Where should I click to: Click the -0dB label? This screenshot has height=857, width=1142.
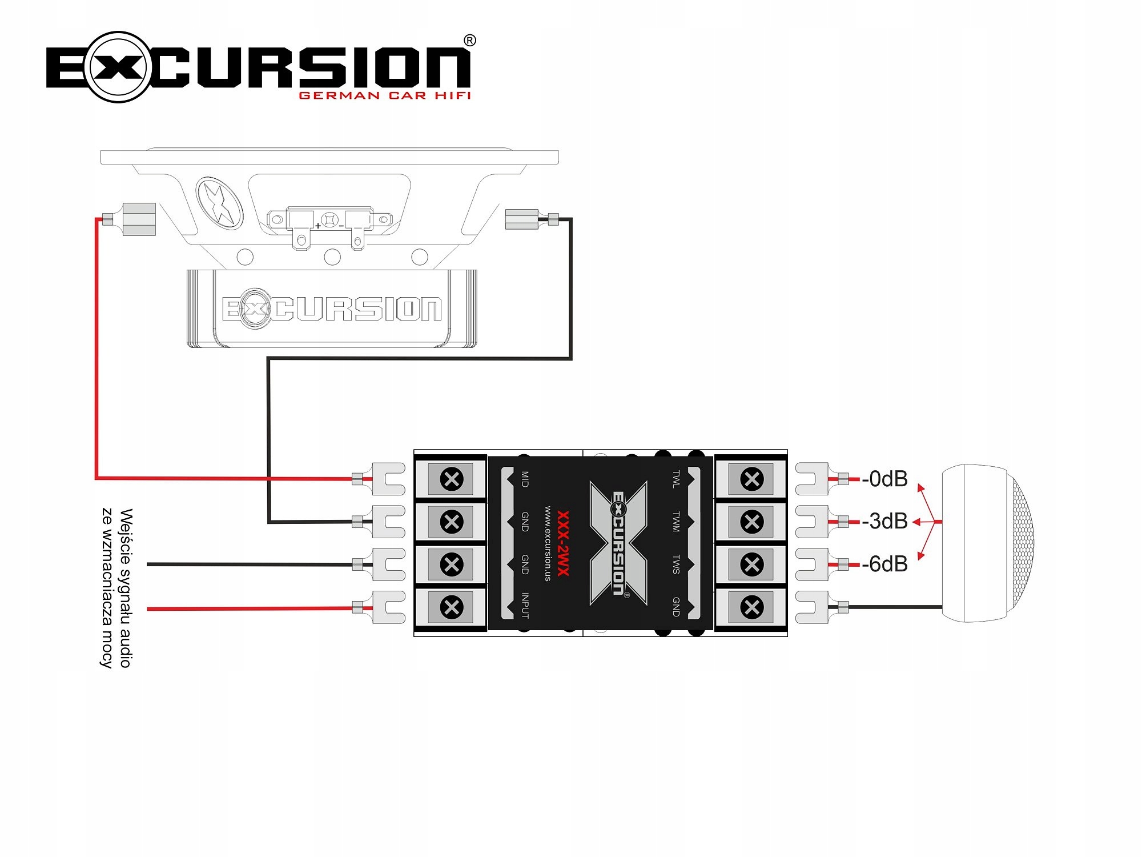pyautogui.click(x=884, y=479)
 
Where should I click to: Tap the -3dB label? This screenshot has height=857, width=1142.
pyautogui.click(x=884, y=521)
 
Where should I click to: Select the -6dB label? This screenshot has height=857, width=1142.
pyautogui.click(x=884, y=564)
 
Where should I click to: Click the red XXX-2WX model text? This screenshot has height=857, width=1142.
pyautogui.click(x=563, y=543)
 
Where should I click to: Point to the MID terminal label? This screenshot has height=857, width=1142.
pyautogui.click(x=525, y=479)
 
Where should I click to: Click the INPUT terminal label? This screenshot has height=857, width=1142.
pyautogui.click(x=525, y=606)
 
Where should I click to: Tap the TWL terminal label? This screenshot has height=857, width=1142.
pyautogui.click(x=676, y=479)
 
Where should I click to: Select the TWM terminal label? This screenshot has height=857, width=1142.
pyautogui.click(x=676, y=522)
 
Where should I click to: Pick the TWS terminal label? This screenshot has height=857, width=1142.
pyautogui.click(x=676, y=564)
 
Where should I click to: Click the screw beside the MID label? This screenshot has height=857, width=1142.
pyautogui.click(x=452, y=479)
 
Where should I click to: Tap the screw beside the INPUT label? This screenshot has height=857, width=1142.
pyautogui.click(x=452, y=607)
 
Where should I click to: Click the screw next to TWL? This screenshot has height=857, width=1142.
pyautogui.click(x=752, y=479)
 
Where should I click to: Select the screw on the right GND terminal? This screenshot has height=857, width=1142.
pyautogui.click(x=752, y=607)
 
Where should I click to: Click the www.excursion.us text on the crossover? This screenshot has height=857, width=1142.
pyautogui.click(x=548, y=543)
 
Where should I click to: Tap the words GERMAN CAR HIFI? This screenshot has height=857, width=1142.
pyautogui.click(x=385, y=95)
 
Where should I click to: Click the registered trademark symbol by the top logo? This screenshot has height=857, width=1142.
pyautogui.click(x=469, y=41)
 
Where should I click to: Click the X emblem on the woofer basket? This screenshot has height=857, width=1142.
pyautogui.click(x=219, y=203)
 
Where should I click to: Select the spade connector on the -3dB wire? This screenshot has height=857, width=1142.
pyautogui.click(x=812, y=521)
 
